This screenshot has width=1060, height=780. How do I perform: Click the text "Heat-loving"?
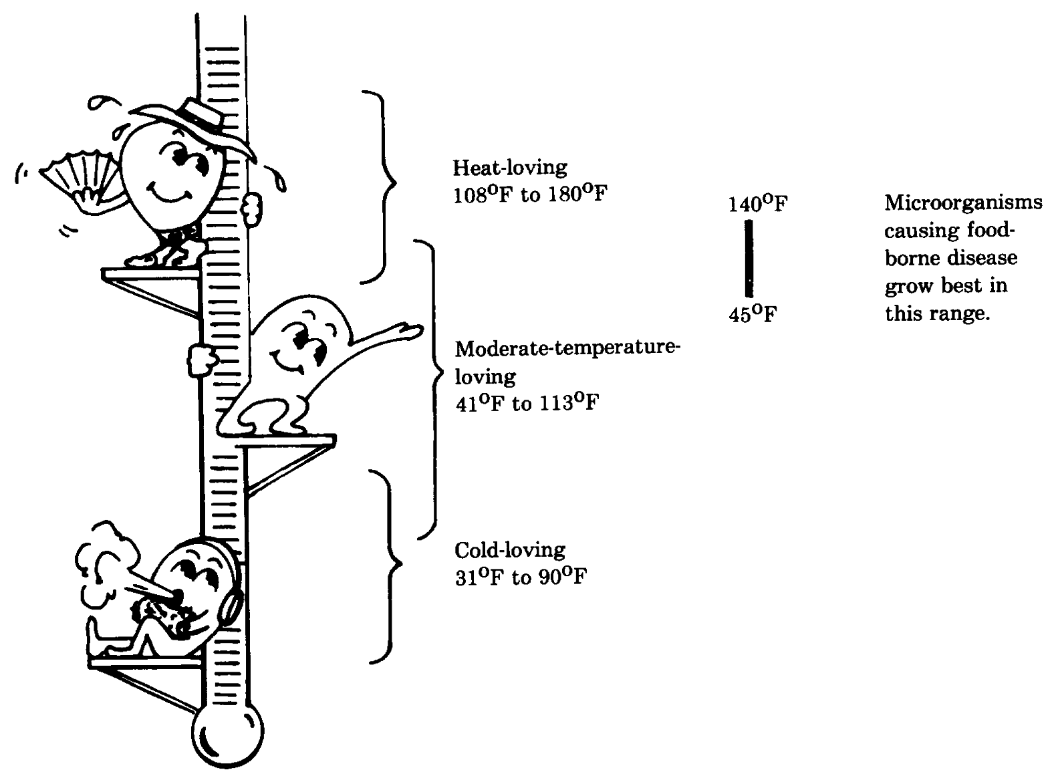pyautogui.click(x=509, y=167)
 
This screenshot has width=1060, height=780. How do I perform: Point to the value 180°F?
pyautogui.click(x=577, y=195)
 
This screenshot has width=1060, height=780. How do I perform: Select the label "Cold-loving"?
pyautogui.click(x=509, y=550)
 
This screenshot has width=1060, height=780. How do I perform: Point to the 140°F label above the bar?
pyautogui.click(x=757, y=203)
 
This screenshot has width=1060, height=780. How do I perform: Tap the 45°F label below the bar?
pyautogui.click(x=753, y=313)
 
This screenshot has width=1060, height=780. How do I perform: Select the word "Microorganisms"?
pyautogui.click(x=963, y=203)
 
